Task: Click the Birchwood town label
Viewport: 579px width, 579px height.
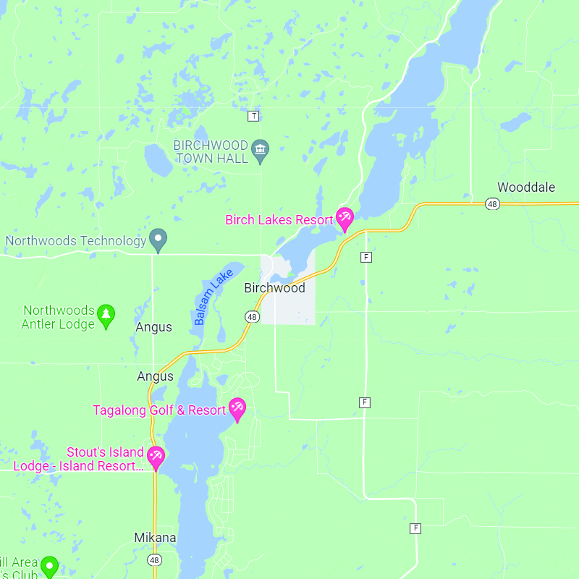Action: click(x=274, y=287)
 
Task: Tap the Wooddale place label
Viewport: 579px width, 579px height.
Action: click(x=526, y=187)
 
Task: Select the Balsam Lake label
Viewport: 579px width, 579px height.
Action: click(x=214, y=296)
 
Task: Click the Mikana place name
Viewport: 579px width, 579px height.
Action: click(x=155, y=538)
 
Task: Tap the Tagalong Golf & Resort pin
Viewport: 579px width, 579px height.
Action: click(x=237, y=409)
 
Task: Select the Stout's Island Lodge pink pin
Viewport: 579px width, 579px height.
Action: click(x=156, y=457)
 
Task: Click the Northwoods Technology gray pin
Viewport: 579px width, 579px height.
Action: click(x=158, y=239)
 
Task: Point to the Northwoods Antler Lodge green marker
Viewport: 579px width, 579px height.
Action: click(x=106, y=316)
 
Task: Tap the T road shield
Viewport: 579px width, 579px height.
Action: click(x=253, y=116)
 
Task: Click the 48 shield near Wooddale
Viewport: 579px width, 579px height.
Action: click(x=492, y=205)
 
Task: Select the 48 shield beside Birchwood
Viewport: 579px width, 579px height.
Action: click(x=251, y=316)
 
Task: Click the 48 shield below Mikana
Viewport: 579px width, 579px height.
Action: click(x=155, y=560)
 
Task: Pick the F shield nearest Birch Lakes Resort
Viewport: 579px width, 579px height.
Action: click(x=366, y=257)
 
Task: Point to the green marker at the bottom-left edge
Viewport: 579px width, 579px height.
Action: click(x=49, y=565)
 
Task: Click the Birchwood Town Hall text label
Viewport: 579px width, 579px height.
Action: click(x=211, y=151)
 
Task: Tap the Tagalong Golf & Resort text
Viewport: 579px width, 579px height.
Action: click(x=159, y=410)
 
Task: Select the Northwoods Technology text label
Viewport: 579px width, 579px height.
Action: click(x=76, y=240)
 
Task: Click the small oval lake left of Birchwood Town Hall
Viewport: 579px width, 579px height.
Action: click(x=158, y=160)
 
